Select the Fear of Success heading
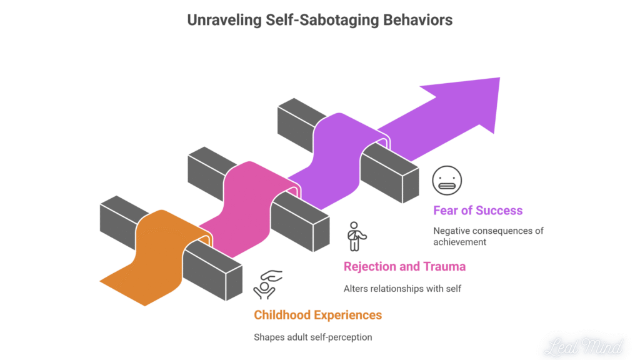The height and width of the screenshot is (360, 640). click(x=477, y=210)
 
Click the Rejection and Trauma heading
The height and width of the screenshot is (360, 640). click(x=404, y=266)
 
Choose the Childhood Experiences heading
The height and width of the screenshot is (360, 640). click(x=317, y=314)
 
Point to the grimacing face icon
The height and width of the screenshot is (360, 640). click(x=447, y=181)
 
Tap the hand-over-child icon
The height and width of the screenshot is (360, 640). click(x=267, y=284)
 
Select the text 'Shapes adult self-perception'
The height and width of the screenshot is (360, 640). click(x=312, y=337)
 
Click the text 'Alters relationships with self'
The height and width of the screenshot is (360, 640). click(x=402, y=289)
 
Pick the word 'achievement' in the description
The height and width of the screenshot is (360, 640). click(x=459, y=242)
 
